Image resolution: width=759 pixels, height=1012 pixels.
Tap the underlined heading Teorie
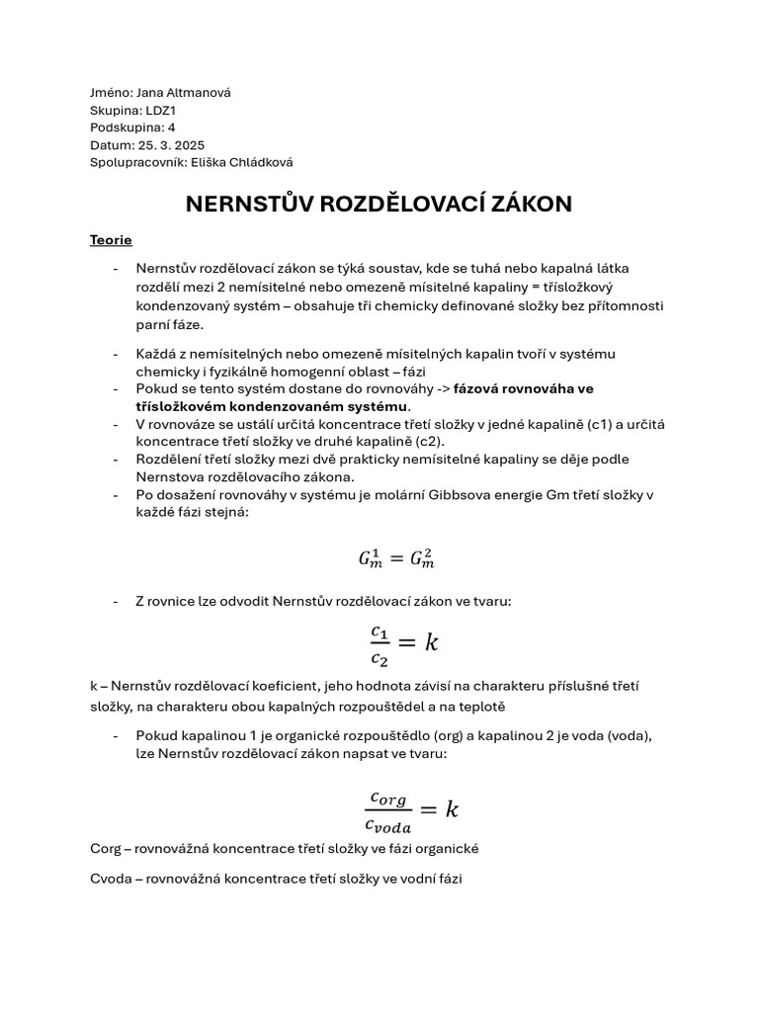pyautogui.click(x=111, y=240)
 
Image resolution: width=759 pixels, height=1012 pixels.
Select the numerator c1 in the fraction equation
pyautogui.click(x=380, y=630)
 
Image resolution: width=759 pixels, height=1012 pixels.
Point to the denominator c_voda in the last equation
pyautogui.click(x=387, y=826)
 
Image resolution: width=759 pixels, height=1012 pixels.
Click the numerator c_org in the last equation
pyautogui.click(x=387, y=798)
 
